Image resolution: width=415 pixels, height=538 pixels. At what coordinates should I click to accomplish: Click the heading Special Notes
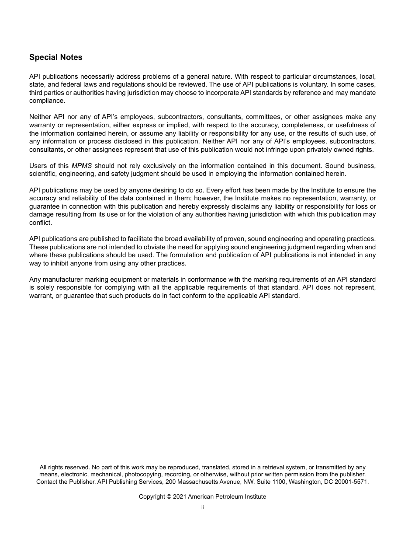tap(55, 57)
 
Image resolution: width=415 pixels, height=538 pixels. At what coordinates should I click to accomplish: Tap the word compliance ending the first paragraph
tap(47, 101)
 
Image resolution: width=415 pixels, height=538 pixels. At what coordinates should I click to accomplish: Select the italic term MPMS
tap(82, 166)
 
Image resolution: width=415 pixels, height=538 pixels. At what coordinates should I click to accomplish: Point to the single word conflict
tap(40, 223)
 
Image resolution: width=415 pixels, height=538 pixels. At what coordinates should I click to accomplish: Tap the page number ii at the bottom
tap(202, 507)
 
